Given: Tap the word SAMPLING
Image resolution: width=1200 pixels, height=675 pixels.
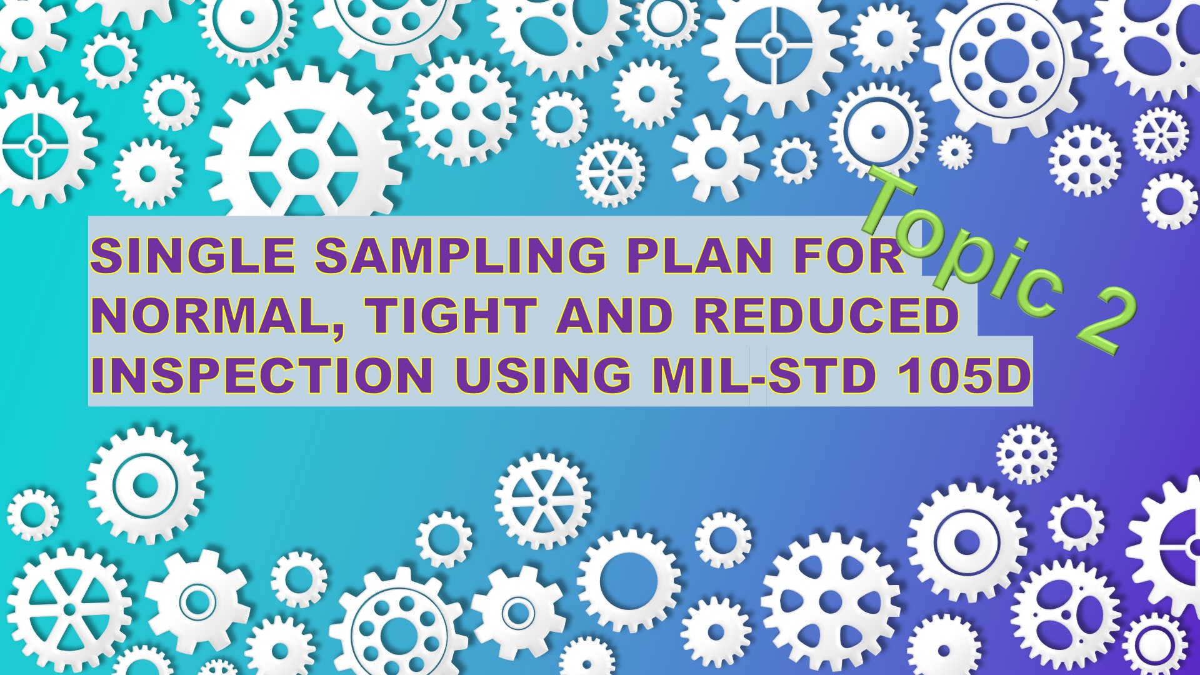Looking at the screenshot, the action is click(x=460, y=255).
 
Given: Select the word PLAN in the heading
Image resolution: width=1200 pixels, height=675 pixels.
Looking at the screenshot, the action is click(x=699, y=255).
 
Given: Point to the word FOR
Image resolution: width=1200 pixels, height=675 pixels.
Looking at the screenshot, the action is click(x=849, y=255).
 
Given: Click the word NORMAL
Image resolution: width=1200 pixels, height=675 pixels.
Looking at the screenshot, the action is click(x=216, y=316).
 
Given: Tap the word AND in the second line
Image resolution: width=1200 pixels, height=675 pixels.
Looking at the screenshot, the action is click(x=616, y=316).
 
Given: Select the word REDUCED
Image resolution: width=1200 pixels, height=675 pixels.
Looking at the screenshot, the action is click(x=826, y=316).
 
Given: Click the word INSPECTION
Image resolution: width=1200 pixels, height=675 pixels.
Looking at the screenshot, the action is click(x=262, y=376).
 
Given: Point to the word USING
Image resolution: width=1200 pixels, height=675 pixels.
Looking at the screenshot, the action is click(x=542, y=376).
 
